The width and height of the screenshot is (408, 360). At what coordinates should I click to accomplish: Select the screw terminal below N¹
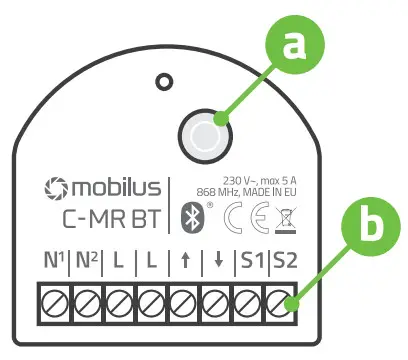[53, 299]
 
